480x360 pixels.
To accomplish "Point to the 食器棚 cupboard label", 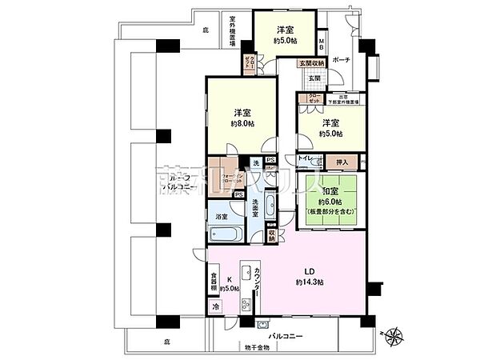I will [214, 283].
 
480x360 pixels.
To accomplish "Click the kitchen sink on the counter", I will [247, 273].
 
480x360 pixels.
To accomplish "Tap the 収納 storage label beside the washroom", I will [272, 235].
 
